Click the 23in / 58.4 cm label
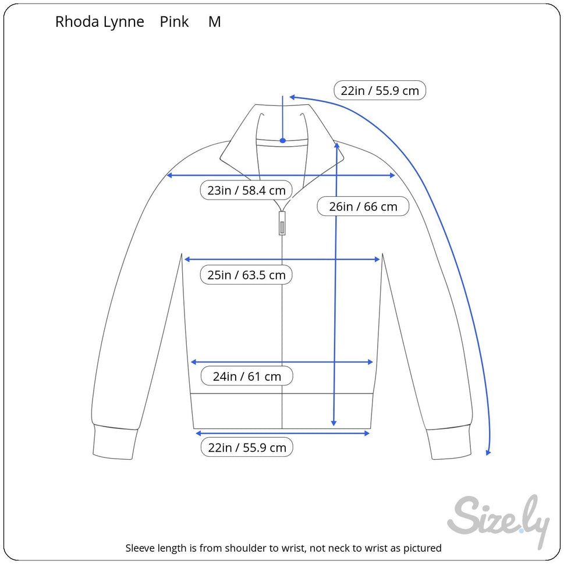tap(246, 190)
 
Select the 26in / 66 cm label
tap(363, 207)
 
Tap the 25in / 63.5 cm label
tap(246, 275)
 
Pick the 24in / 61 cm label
tap(246, 377)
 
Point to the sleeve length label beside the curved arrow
tap(379, 91)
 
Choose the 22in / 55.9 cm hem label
tap(246, 448)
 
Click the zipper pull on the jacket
tap(282, 224)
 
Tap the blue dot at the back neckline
tap(282, 140)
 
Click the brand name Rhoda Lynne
tap(100, 22)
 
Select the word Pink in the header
tap(175, 22)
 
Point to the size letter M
tap(215, 22)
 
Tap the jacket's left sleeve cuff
tap(114, 444)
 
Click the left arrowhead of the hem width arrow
tap(198, 433)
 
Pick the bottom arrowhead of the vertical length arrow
tap(334, 423)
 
